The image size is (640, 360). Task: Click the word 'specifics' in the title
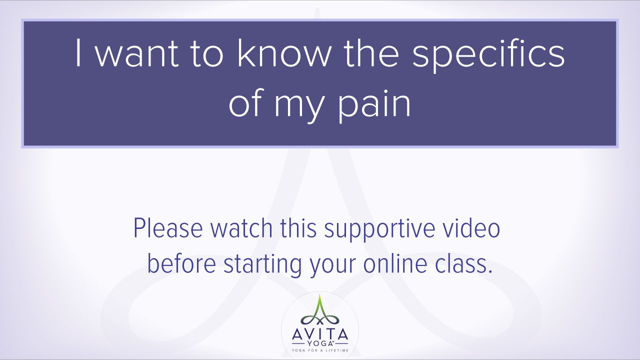tap(488, 55)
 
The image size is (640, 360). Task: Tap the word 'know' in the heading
tap(283, 53)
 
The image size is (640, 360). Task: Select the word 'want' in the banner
tap(137, 54)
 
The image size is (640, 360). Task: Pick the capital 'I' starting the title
tap(78, 53)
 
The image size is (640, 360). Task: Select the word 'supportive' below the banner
tap(379, 230)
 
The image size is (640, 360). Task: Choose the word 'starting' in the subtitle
tap(262, 265)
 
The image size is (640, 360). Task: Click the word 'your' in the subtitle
tap(332, 267)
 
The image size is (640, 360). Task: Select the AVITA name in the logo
tap(320, 334)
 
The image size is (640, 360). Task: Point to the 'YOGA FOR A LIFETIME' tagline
tap(320, 350)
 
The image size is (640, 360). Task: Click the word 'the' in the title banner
tap(371, 53)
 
